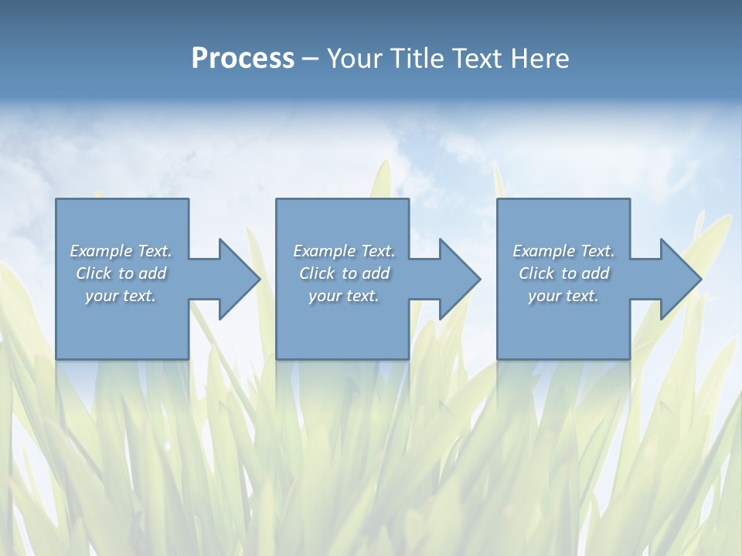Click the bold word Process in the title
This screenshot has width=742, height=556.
pos(243,59)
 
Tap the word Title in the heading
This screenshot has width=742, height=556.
pos(416,59)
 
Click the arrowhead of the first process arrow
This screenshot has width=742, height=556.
pos(239,279)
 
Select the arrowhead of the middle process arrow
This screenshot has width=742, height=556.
pos(459,279)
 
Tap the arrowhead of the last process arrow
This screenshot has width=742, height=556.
pos(679,279)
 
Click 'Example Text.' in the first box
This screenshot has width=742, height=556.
pos(121,251)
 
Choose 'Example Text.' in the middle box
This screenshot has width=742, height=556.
pos(344,251)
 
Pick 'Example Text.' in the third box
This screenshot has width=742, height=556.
pos(563,251)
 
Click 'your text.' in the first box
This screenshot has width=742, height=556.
pos(121,296)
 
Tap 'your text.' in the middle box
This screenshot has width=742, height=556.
pos(344,296)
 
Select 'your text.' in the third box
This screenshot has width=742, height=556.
pos(563,296)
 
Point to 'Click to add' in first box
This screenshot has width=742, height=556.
pos(121,273)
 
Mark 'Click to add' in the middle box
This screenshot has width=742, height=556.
pos(345,273)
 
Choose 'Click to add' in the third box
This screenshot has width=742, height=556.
pos(564,273)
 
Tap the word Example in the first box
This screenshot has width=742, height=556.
pos(101,251)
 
